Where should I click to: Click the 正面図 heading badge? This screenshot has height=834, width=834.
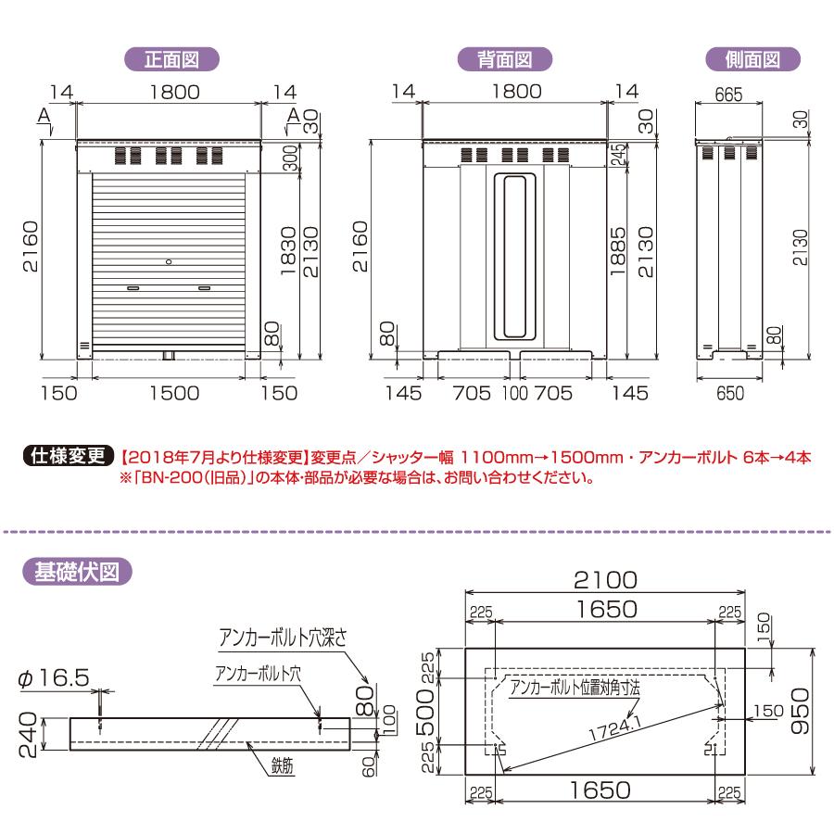tap(171, 58)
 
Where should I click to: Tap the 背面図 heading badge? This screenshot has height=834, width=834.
tap(506, 58)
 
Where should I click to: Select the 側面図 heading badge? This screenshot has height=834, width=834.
tap(752, 58)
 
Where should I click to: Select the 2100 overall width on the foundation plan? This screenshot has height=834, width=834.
tap(605, 580)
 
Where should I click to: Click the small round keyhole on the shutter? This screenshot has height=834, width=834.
tap(169, 262)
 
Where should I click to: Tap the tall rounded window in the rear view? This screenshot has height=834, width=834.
tap(513, 257)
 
